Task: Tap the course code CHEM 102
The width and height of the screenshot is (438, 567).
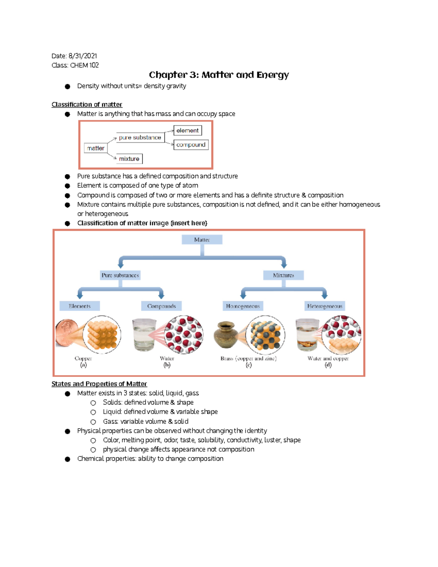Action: point(84,65)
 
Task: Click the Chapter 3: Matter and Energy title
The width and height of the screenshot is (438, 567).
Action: point(219,75)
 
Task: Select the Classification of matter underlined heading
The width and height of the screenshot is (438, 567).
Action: point(87,104)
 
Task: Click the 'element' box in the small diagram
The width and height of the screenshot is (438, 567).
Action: point(188,130)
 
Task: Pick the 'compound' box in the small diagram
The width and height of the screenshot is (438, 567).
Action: point(191,145)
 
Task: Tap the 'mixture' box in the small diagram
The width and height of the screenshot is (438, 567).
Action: point(129,159)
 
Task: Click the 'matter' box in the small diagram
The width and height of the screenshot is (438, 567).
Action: point(96,148)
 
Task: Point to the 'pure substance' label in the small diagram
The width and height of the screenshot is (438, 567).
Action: point(140,138)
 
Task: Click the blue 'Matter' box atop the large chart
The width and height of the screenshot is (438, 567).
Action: point(202,240)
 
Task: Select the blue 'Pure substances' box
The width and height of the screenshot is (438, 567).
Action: point(120,275)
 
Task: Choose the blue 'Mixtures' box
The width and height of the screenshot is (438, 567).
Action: point(283,275)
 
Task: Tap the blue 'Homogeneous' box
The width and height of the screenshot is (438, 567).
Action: point(243,306)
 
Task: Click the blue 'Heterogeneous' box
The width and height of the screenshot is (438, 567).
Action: point(324,306)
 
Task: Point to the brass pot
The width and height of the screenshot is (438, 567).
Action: point(226,334)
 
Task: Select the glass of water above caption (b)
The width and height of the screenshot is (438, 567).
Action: point(144,335)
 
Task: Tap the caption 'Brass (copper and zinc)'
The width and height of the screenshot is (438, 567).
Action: point(248,359)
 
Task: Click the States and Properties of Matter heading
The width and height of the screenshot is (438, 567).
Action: point(99,384)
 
